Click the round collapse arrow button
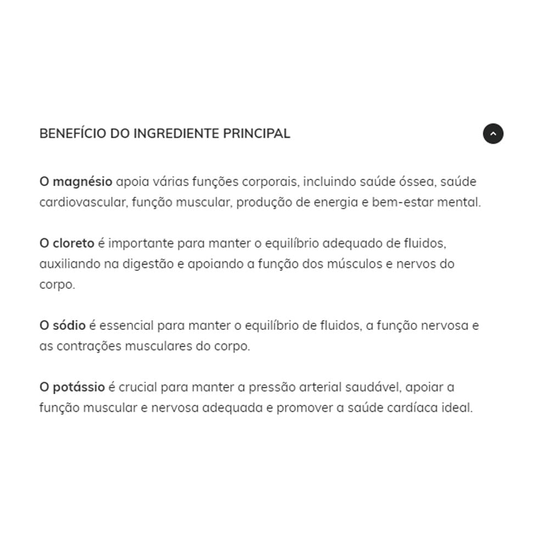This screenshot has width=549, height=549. point(493,133)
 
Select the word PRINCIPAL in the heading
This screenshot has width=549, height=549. point(256,133)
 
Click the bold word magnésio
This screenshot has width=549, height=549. point(83,182)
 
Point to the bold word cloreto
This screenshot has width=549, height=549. point(74,243)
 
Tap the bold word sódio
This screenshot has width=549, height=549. point(69,326)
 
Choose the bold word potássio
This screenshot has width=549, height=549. point(79,387)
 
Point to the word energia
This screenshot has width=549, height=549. point(335,202)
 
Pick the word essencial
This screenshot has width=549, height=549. point(126,326)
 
